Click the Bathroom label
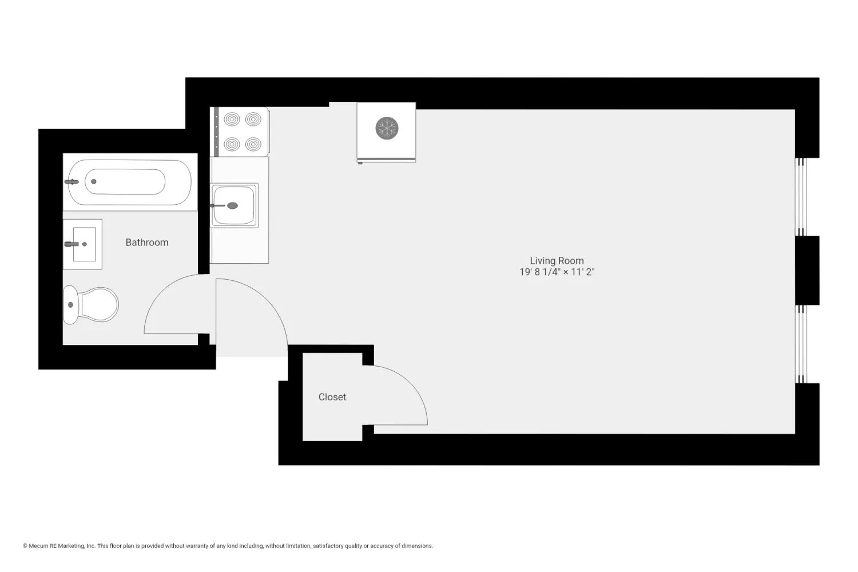pyautogui.click(x=147, y=243)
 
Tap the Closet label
pyautogui.click(x=332, y=397)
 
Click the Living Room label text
pyautogui.click(x=557, y=261)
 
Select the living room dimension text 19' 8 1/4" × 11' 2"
pyautogui.click(x=557, y=272)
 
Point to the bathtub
pyautogui.click(x=129, y=182)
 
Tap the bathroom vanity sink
pyautogui.click(x=83, y=244)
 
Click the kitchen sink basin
pyautogui.click(x=235, y=205)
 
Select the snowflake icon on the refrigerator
pyautogui.click(x=387, y=128)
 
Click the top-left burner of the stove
pyautogui.click(x=232, y=120)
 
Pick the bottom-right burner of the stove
pyautogui.click(x=253, y=144)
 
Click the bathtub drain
pyautogui.click(x=94, y=182)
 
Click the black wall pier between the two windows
pyautogui.click(x=807, y=270)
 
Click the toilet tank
pyautogui.click(x=70, y=305)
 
